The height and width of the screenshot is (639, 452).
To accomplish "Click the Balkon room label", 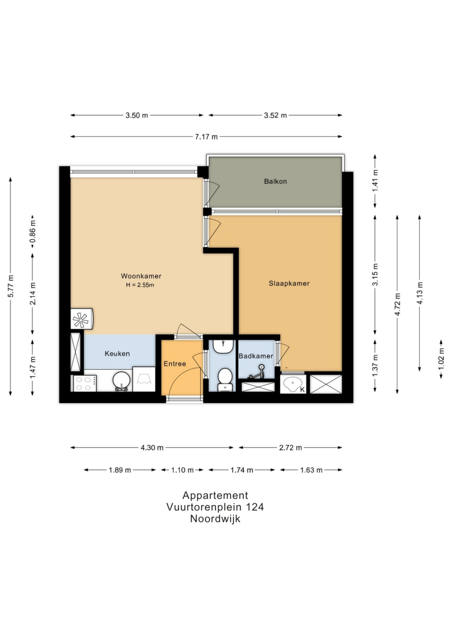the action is coord(275,181).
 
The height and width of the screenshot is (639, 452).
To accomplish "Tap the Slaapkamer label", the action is coord(289,283).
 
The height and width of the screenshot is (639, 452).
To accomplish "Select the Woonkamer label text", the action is coord(141,276).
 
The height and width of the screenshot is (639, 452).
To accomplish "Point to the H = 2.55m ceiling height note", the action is coord(140,285).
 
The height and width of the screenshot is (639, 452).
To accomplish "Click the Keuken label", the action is coord(117,353).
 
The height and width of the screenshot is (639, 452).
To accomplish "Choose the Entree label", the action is coord(175,364).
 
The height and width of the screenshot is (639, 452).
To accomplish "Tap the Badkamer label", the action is coord(255,356).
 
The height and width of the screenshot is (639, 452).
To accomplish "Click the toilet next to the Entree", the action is coord(225,378).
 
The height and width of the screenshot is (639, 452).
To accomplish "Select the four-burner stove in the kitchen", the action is coord(85,383).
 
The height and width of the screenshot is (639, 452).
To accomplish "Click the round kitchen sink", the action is coord(121,381).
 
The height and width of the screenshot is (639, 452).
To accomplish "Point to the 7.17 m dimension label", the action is coord(206,137).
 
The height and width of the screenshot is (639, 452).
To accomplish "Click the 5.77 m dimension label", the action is coord(11,286).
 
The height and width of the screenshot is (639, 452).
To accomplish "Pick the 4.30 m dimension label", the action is coord(152,448).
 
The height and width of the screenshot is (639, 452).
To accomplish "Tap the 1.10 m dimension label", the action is coord(182,470).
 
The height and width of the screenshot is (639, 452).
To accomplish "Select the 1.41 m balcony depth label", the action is coord(375,181).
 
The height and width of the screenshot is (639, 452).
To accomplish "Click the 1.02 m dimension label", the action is coord(441,359).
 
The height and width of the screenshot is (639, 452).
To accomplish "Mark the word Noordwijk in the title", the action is coord(215,519).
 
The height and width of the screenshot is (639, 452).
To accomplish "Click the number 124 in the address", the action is coord(255,507).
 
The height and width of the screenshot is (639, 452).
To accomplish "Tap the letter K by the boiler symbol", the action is coord(302,390).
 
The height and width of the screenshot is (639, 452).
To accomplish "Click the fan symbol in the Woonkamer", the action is coord(80,319).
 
